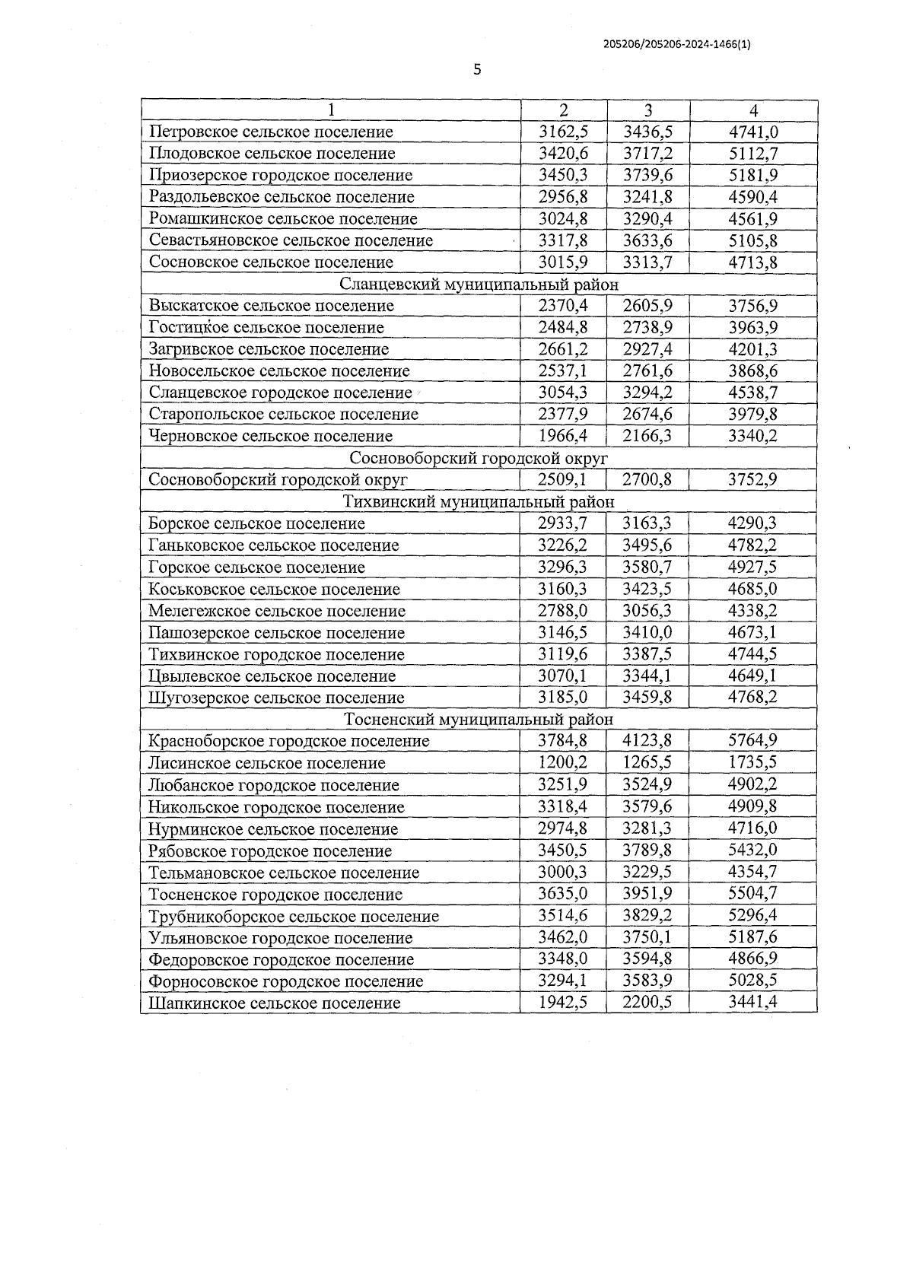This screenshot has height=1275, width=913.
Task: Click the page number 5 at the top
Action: tap(477, 70)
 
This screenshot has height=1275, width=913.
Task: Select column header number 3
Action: tap(648, 110)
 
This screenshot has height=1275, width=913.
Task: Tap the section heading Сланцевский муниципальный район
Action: tap(479, 285)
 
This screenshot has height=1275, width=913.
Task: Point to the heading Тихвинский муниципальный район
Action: tap(479, 502)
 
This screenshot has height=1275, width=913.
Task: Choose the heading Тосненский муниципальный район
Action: tap(479, 720)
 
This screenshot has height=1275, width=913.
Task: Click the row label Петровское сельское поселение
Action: tap(271, 132)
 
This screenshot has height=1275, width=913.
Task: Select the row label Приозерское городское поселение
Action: tap(281, 175)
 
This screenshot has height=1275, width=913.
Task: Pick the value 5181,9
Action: tap(753, 175)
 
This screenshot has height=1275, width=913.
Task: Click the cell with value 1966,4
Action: tap(563, 436)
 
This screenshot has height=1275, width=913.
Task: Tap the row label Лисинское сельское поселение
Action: tap(267, 763)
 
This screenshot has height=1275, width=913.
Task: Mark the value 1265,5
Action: tap(647, 763)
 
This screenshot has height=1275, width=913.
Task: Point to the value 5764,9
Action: tap(753, 741)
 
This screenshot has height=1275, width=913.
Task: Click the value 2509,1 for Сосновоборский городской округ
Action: tap(563, 480)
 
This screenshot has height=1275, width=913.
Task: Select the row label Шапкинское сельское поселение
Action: tap(275, 1003)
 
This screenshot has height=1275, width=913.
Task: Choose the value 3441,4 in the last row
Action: tap(753, 1003)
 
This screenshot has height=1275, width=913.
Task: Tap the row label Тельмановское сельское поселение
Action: tap(284, 873)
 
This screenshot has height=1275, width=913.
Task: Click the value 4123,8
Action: tap(647, 741)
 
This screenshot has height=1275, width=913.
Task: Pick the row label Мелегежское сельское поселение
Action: tap(277, 611)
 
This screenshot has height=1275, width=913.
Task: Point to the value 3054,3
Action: tap(563, 393)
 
